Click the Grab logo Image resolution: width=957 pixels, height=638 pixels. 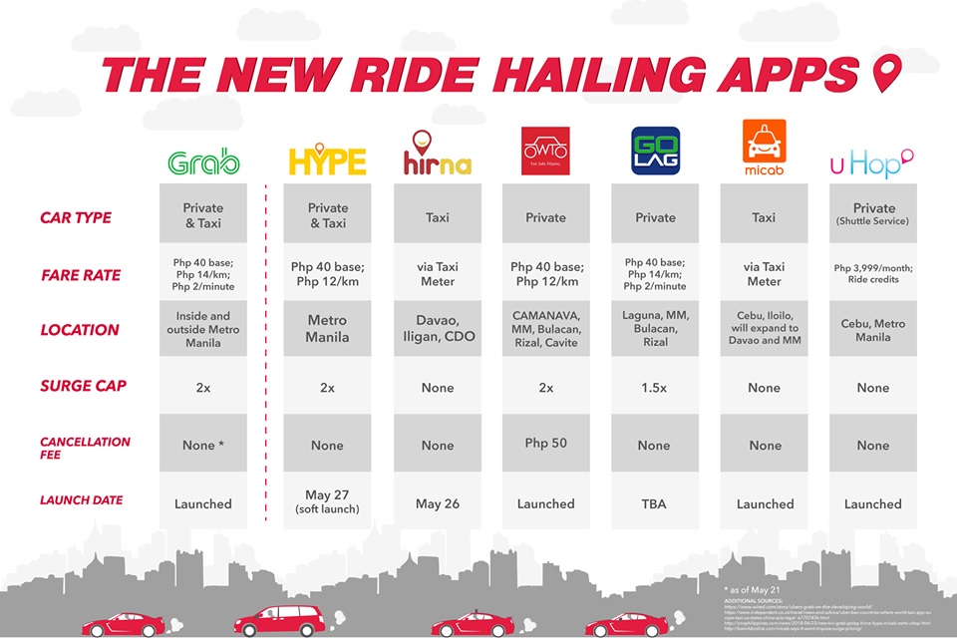203,162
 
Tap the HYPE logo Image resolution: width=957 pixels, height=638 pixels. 327,161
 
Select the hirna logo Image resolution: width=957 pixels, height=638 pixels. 437,155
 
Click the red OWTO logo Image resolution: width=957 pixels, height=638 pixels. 545,151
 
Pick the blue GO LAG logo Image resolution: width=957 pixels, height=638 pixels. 654,152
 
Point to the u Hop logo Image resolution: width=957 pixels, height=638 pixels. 872,162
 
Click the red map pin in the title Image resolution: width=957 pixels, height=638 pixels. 885,74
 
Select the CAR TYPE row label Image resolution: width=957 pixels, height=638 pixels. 76,217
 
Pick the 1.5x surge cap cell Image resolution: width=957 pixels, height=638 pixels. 654,388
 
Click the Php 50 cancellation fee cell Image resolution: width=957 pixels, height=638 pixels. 545,443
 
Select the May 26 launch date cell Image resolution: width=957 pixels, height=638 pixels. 437,503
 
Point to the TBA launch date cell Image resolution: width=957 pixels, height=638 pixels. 654,503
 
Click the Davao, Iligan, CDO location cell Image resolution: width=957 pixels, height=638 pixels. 437,329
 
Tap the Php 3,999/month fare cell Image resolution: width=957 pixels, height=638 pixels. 873,273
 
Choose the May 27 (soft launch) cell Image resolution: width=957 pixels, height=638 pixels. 327,502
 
